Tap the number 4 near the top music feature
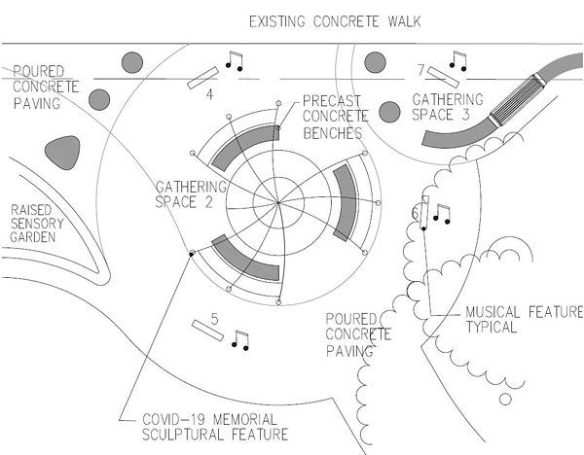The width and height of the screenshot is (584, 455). point(209,95)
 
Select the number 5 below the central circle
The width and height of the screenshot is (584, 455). point(214,317)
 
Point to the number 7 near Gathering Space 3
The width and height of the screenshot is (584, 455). point(420,70)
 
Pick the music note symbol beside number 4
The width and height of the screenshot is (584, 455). point(233,60)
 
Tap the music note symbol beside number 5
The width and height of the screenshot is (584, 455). point(240,339)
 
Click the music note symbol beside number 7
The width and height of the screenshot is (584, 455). point(456,60)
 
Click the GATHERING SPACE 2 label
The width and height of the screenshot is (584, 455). point(192,192)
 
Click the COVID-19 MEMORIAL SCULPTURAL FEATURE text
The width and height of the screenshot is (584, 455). point(216,425)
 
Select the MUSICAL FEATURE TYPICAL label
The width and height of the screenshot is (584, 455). point(523,319)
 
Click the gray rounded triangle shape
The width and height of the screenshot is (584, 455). point(61,151)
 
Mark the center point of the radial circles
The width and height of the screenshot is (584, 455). point(281,203)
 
